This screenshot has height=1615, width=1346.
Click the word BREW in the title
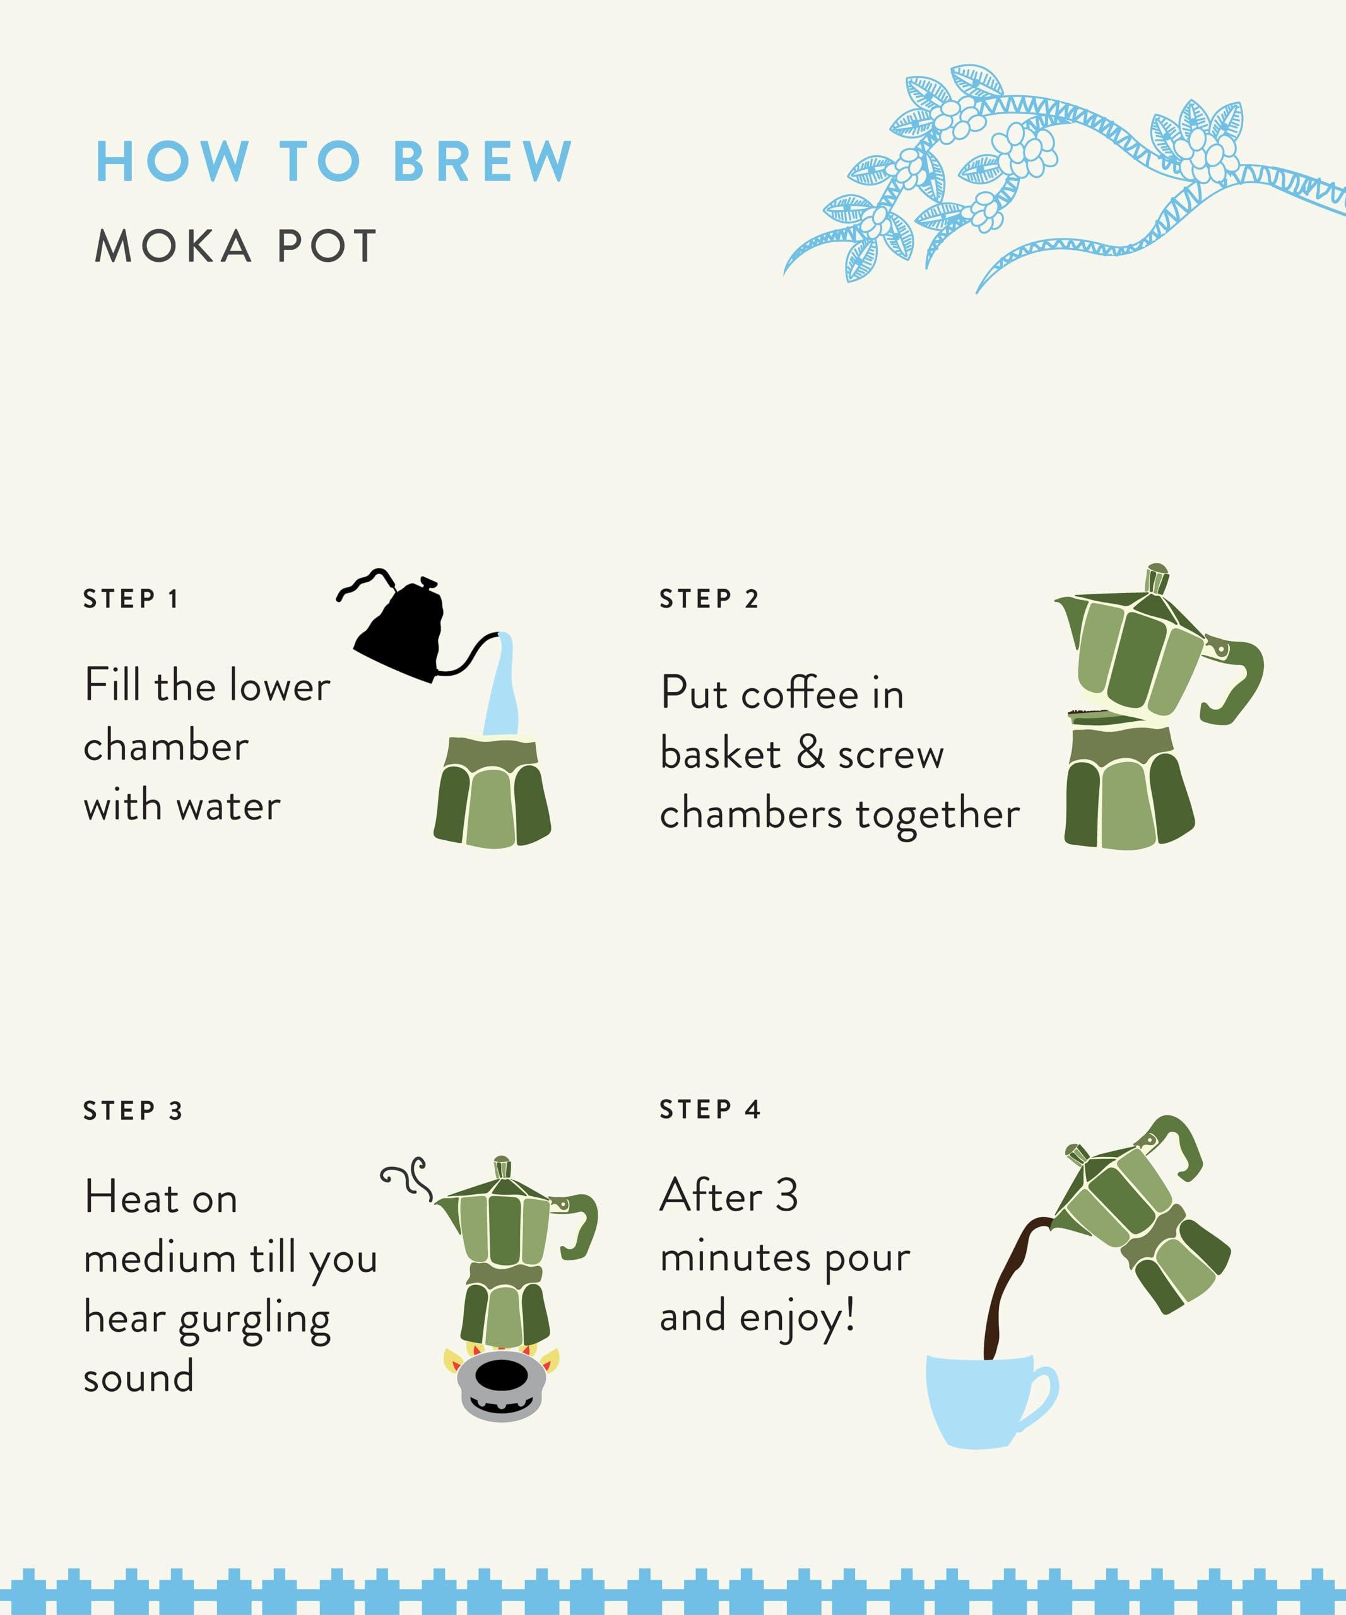coord(482,161)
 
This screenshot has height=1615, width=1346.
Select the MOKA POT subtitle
coord(235,246)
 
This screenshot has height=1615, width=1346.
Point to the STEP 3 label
coord(133,1110)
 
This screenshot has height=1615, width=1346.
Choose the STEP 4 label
coord(709,1110)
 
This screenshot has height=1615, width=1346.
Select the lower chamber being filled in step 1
coord(492,792)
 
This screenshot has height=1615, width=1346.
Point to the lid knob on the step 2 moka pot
coord(1156,578)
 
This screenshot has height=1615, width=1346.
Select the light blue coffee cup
coord(984,1400)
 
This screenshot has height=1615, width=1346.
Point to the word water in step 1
coord(228,807)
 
